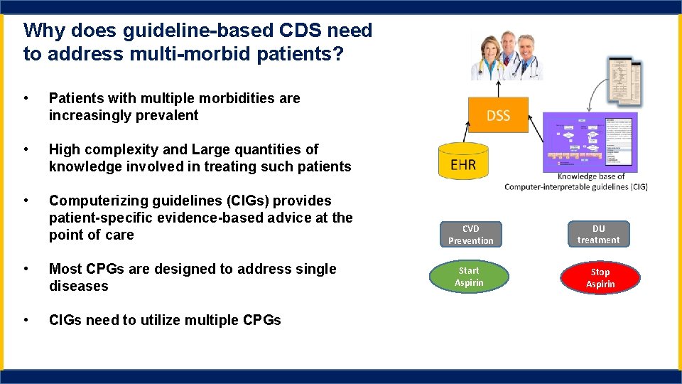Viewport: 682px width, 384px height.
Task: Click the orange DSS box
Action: tap(498, 115)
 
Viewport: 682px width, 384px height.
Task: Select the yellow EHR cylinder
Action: tap(463, 163)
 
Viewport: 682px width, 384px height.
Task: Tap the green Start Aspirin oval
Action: tap(469, 277)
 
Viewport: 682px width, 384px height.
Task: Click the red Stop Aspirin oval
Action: tap(600, 278)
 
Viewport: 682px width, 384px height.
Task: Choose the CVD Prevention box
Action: tap(470, 235)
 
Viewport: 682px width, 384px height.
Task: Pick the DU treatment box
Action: tap(598, 234)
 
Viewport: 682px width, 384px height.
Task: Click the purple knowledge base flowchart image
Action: tap(590, 142)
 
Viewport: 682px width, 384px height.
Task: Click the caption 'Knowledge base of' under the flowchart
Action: tap(591, 176)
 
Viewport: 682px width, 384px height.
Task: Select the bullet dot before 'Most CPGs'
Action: tap(26, 269)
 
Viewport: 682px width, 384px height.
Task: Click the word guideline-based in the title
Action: tap(170, 31)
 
